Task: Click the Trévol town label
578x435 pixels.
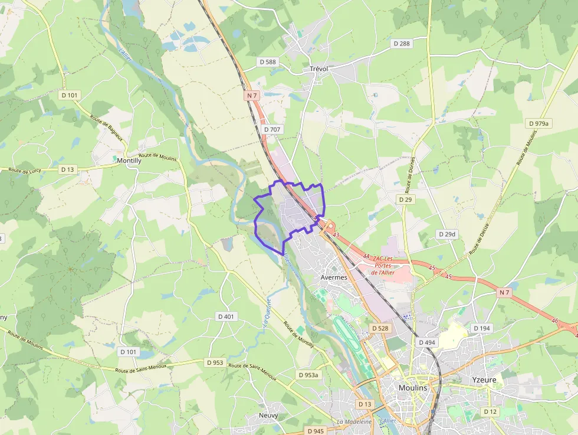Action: point(318,69)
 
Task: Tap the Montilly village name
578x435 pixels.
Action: point(129,160)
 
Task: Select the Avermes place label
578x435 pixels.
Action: point(334,277)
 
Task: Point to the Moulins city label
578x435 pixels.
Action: point(413,388)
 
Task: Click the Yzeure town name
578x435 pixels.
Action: point(484,380)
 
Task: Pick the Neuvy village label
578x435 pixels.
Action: point(268,415)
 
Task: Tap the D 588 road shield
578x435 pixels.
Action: point(267,61)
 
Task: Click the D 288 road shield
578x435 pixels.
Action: point(401,44)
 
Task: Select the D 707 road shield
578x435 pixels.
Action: point(272,129)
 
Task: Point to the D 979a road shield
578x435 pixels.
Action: point(538,123)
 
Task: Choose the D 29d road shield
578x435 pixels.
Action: point(448,234)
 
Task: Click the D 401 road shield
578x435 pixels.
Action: point(225,316)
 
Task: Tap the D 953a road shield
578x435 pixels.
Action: point(308,375)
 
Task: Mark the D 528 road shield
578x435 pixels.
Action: point(380,328)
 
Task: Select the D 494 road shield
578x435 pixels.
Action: point(427,342)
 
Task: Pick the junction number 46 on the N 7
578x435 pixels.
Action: point(554,320)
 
